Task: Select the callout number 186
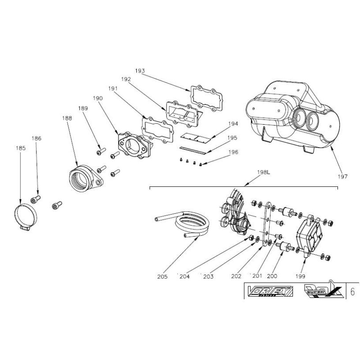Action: (36, 139)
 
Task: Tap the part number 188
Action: (67, 118)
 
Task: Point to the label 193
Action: (139, 71)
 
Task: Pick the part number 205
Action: (163, 276)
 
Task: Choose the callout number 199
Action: (301, 276)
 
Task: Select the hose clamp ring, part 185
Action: (27, 211)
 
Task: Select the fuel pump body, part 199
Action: (310, 238)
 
